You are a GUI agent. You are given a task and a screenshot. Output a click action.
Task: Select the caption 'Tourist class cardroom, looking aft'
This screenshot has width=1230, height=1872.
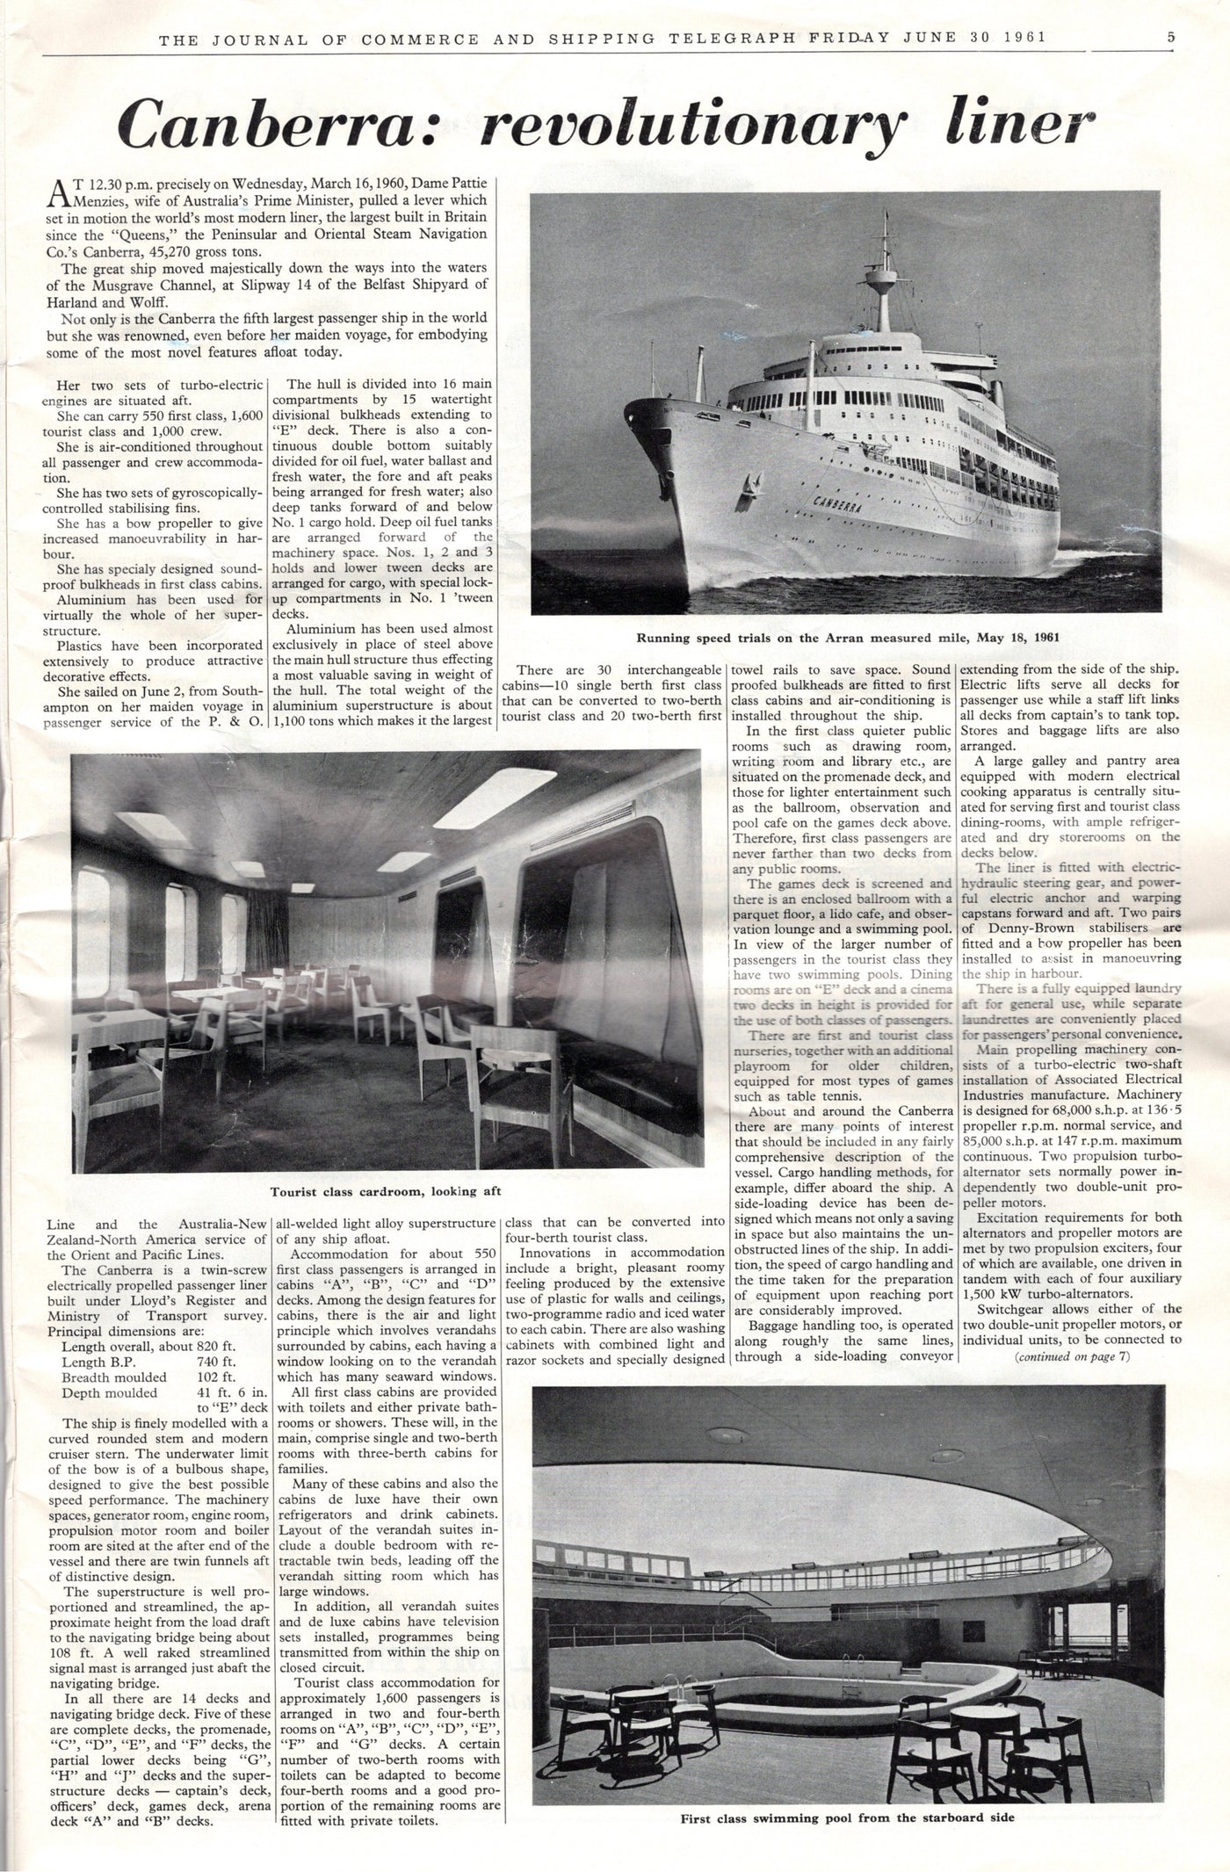386,1192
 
